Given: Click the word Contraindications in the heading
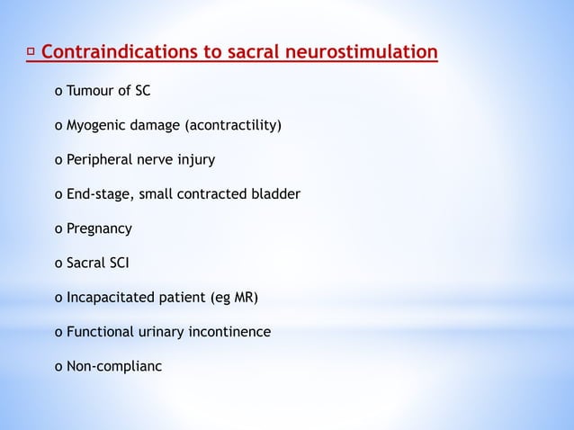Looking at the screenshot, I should (117, 53).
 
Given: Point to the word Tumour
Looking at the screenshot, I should (88, 91).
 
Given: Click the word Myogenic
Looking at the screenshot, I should (94, 126).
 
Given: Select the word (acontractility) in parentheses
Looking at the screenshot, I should (233, 126).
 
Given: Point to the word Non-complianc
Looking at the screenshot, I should (114, 366).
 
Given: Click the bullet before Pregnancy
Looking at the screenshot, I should (58, 229).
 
